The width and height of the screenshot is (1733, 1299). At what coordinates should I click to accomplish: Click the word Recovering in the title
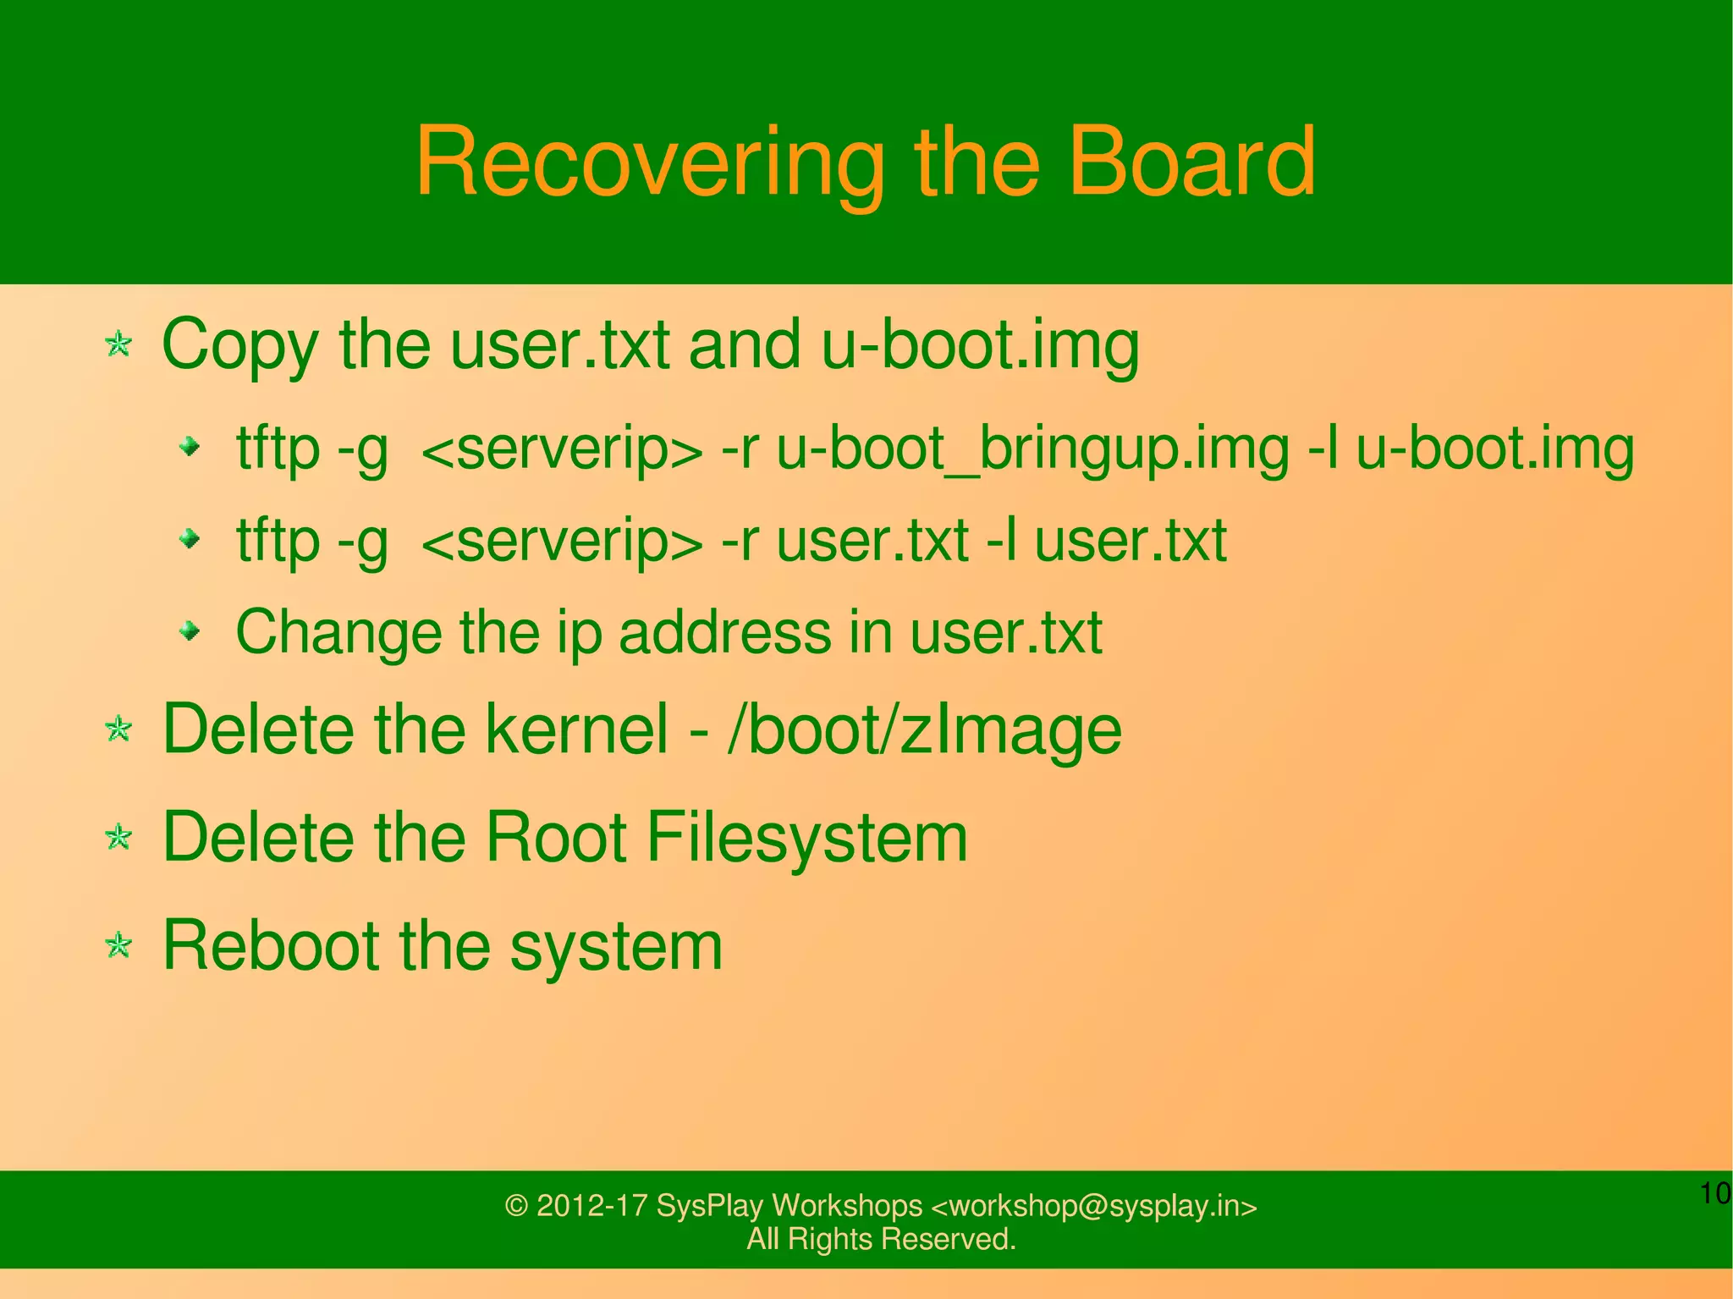click(x=649, y=162)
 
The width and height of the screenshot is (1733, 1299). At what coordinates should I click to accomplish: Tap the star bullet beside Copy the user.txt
click(x=118, y=344)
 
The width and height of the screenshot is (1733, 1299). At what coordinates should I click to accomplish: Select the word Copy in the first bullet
click(x=239, y=346)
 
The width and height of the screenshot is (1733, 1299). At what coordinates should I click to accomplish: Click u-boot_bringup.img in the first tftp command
click(x=1032, y=449)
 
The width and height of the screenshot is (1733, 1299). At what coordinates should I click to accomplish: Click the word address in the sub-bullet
click(x=725, y=632)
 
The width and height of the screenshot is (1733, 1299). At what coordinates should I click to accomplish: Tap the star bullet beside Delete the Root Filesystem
click(x=118, y=838)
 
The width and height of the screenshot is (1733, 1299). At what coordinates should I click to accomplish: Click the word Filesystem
click(x=806, y=838)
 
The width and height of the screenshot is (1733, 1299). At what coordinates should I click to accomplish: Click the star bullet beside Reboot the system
click(x=118, y=946)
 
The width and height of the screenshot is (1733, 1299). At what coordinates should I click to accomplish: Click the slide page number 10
click(x=1715, y=1194)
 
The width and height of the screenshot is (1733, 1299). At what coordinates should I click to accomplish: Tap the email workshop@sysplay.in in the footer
click(x=1093, y=1206)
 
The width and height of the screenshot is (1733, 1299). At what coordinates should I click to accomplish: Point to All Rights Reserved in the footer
click(x=881, y=1239)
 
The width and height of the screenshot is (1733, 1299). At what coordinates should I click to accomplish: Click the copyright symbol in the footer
click(x=516, y=1206)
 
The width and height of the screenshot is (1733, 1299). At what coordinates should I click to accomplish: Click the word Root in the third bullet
click(x=555, y=838)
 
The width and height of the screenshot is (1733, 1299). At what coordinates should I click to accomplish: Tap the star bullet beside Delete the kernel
click(x=118, y=729)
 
